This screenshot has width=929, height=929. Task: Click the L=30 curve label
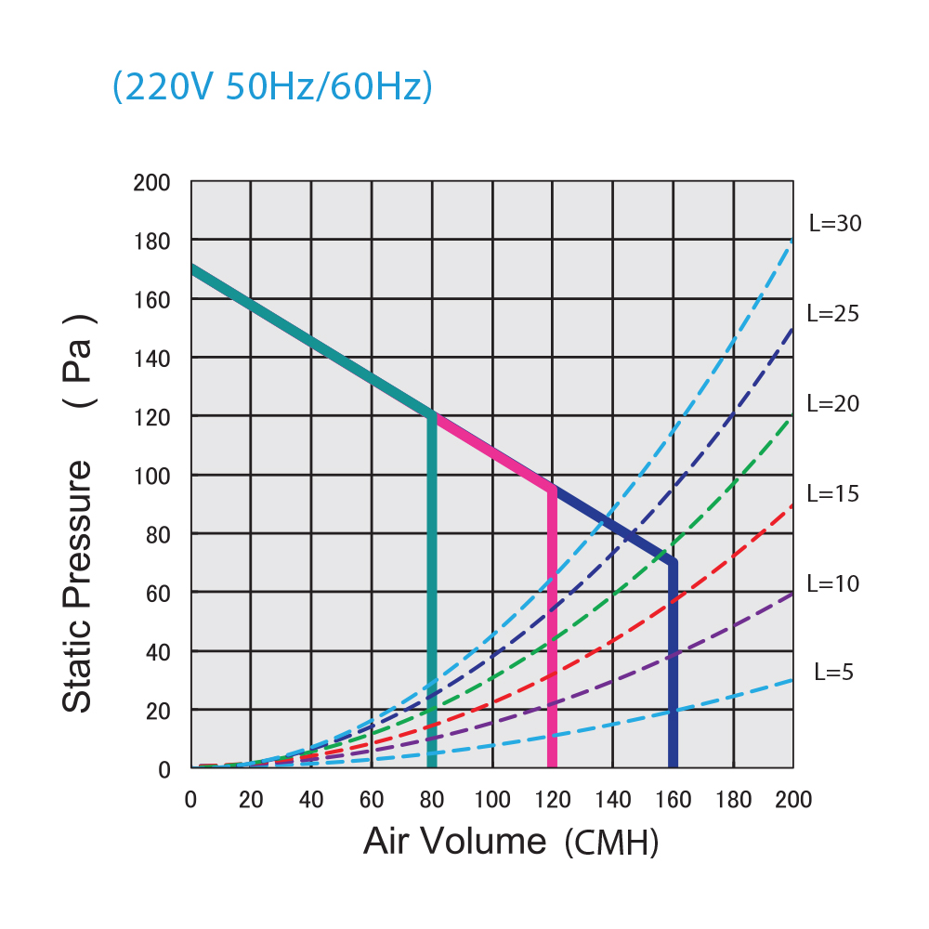(x=835, y=223)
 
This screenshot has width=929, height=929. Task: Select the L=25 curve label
(x=833, y=313)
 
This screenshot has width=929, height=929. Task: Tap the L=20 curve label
(x=833, y=403)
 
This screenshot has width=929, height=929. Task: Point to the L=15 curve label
(x=833, y=493)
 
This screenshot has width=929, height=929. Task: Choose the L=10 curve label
(x=833, y=583)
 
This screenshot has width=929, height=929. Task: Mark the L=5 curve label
(x=833, y=672)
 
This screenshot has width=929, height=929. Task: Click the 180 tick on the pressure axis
(x=151, y=241)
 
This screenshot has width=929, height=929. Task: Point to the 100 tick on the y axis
(x=151, y=475)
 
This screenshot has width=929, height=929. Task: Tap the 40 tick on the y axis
(x=158, y=651)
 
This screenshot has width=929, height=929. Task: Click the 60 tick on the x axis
(x=372, y=800)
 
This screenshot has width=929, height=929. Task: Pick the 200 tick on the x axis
(x=792, y=800)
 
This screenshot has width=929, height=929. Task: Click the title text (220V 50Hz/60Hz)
(x=272, y=87)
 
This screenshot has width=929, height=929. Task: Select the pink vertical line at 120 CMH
(x=553, y=632)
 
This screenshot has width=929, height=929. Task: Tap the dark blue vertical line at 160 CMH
(x=673, y=669)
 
